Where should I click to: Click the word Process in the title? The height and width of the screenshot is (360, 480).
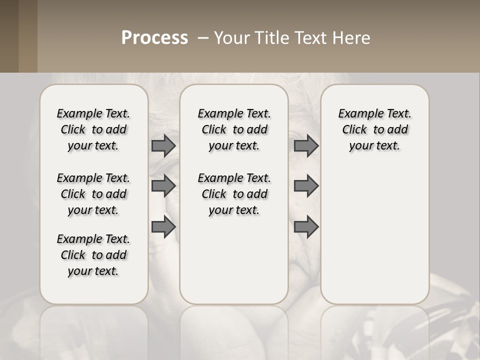click(154, 38)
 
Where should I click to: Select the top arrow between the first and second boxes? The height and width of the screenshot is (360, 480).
click(163, 146)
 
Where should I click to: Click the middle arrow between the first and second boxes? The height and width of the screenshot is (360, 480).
click(163, 186)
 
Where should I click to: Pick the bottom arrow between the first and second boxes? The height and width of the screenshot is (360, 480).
click(163, 227)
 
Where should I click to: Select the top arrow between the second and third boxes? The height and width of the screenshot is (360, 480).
click(306, 146)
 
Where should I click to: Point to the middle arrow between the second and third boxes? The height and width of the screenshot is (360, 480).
click(306, 186)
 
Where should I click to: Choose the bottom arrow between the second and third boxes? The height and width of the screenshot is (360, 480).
click(306, 227)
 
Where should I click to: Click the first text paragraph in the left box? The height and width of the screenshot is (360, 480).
click(93, 129)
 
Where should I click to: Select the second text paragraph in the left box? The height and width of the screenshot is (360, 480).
click(93, 194)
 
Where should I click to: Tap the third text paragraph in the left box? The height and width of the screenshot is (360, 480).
click(93, 255)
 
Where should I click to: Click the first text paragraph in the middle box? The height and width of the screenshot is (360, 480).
click(234, 129)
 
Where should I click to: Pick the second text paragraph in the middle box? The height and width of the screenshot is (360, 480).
click(234, 194)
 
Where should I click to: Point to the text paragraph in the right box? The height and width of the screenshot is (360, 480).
click(374, 129)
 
